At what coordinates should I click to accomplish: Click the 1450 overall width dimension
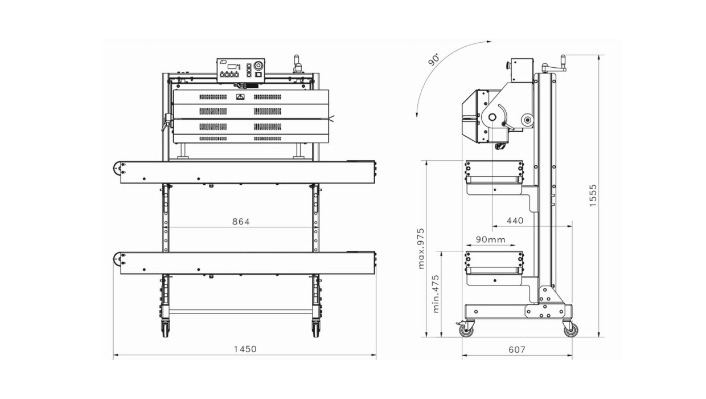(245, 349)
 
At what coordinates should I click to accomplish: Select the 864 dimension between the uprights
(240, 222)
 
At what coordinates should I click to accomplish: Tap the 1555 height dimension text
(593, 195)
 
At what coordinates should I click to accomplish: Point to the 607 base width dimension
(516, 349)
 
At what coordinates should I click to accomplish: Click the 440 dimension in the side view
(515, 221)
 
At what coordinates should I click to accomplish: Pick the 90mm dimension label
(490, 240)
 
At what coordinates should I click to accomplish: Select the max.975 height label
(421, 249)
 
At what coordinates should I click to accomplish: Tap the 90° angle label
(434, 59)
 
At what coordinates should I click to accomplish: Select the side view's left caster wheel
(467, 329)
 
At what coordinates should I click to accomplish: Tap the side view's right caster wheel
(570, 329)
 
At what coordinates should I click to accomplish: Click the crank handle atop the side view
(555, 67)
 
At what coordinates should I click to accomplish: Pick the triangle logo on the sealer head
(240, 97)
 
